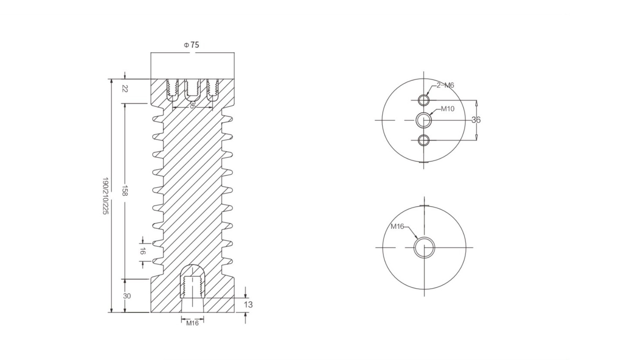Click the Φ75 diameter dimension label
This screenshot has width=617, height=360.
(x=191, y=45)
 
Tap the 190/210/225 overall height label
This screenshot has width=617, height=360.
(x=105, y=196)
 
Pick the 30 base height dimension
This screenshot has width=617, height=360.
(x=127, y=296)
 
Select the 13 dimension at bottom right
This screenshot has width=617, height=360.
(x=248, y=305)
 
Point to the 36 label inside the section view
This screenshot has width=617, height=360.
(x=191, y=105)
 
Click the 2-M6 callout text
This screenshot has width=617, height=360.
(x=445, y=85)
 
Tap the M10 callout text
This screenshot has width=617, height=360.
(x=447, y=109)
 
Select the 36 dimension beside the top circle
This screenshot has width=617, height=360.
(x=476, y=120)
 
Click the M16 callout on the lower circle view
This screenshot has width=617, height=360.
(x=397, y=226)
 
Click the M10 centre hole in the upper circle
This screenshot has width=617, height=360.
(x=424, y=120)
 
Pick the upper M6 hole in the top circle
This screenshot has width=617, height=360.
(x=424, y=100)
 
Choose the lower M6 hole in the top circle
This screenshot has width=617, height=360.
(x=424, y=140)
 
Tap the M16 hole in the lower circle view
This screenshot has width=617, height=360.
(x=424, y=247)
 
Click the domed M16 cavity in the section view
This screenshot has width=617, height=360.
(x=192, y=280)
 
